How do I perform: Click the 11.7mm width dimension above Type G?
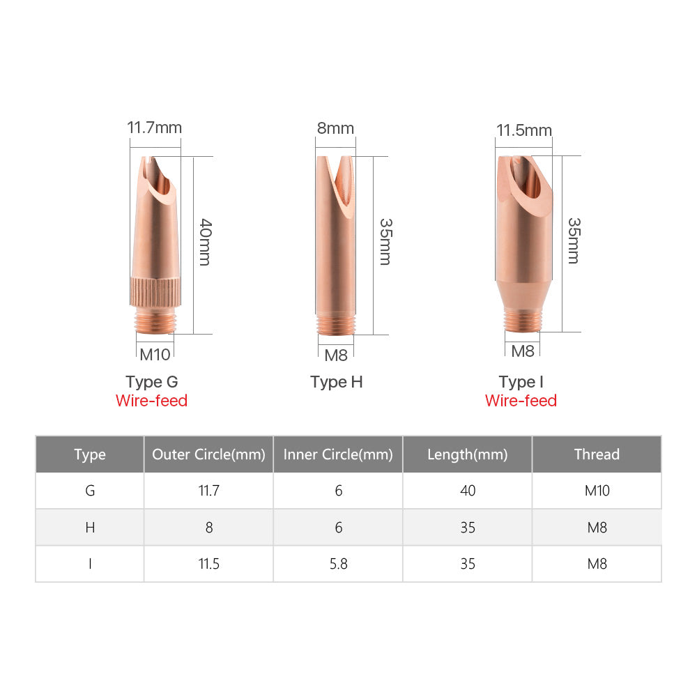[x=154, y=128]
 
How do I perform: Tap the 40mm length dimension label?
[x=205, y=242]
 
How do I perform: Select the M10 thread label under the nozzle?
[x=155, y=355]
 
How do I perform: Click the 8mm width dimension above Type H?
[x=335, y=128]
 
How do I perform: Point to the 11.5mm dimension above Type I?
[x=524, y=130]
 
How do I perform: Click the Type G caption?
[x=151, y=382]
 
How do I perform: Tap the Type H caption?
[x=337, y=382]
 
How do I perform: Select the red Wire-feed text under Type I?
[x=521, y=401]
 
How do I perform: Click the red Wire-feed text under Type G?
[x=151, y=401]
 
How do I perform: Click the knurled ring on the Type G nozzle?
[x=155, y=292]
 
